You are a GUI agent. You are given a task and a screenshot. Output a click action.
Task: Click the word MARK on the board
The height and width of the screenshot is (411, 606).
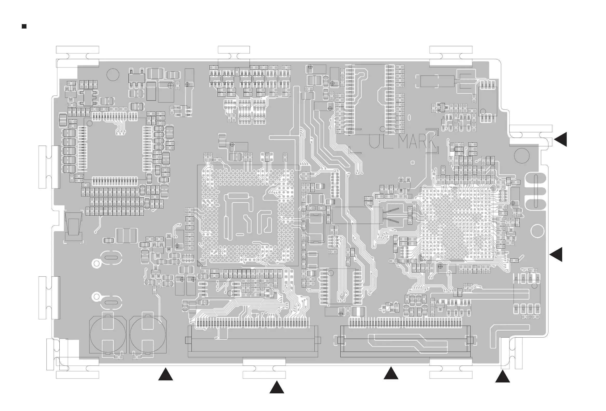coord(417,142)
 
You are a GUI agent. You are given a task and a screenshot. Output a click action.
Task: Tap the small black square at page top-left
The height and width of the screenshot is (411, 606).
coord(24,26)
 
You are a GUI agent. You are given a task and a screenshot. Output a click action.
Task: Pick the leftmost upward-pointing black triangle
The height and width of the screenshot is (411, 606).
coord(166,375)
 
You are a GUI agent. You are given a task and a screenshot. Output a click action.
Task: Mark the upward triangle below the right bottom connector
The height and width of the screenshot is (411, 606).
coord(391,374)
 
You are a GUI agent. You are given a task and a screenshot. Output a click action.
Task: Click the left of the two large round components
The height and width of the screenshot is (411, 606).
coord(108,335)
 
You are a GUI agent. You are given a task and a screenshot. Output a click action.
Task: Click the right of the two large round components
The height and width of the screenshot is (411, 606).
coord(148,335)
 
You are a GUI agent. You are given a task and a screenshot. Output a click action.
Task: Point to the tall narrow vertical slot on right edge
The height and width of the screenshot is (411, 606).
coord(536,191)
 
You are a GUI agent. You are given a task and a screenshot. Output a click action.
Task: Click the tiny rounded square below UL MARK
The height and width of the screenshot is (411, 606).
coord(412,162)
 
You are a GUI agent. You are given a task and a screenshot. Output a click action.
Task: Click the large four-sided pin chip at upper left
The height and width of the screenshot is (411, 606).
coord(115,149)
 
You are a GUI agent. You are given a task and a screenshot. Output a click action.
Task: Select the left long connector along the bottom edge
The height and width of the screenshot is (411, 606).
coord(253,342)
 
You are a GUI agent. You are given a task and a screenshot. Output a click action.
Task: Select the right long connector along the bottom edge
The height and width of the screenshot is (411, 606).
coord(405,342)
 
